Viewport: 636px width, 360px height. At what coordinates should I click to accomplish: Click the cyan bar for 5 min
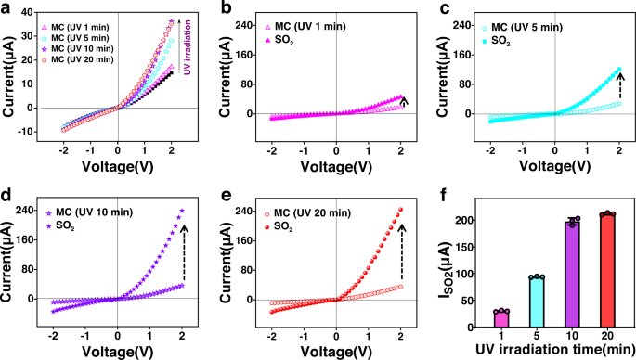click(x=536, y=302)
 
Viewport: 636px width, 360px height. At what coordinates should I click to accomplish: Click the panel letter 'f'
click(x=444, y=196)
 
